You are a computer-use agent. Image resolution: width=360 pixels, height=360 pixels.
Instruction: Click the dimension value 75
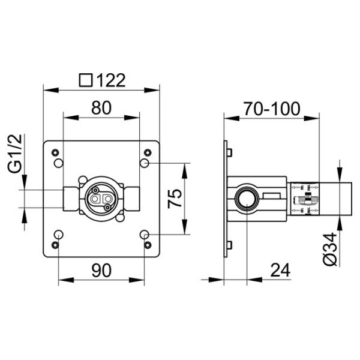[x=175, y=197]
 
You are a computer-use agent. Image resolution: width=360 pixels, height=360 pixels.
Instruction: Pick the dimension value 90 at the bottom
[x=101, y=271]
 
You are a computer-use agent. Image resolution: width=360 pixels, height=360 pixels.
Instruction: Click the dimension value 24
[x=278, y=271]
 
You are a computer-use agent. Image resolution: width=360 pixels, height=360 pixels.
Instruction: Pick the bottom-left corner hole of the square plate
[x=55, y=245]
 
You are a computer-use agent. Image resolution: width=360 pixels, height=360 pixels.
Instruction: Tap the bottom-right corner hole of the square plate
[x=148, y=245]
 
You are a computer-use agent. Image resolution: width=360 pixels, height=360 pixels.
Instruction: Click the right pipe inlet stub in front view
[x=131, y=197]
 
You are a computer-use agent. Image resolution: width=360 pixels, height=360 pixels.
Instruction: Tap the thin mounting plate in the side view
[x=226, y=199]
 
